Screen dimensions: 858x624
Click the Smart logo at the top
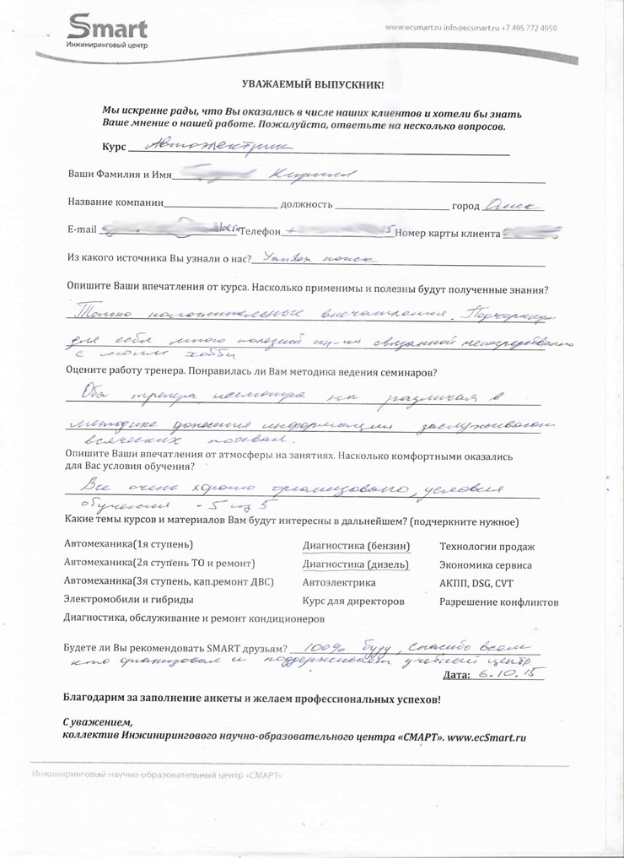(107, 31)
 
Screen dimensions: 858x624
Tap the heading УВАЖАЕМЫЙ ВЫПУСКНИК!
(313, 85)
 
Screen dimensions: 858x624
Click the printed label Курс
(114, 147)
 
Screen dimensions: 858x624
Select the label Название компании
(116, 204)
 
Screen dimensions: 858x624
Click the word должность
(307, 204)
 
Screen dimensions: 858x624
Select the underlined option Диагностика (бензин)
(356, 545)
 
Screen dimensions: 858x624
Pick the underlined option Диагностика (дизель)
(355, 564)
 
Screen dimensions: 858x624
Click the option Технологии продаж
(487, 547)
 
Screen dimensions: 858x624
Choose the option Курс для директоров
(353, 602)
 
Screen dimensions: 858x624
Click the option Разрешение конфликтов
(498, 602)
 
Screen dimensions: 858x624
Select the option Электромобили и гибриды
(129, 600)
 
